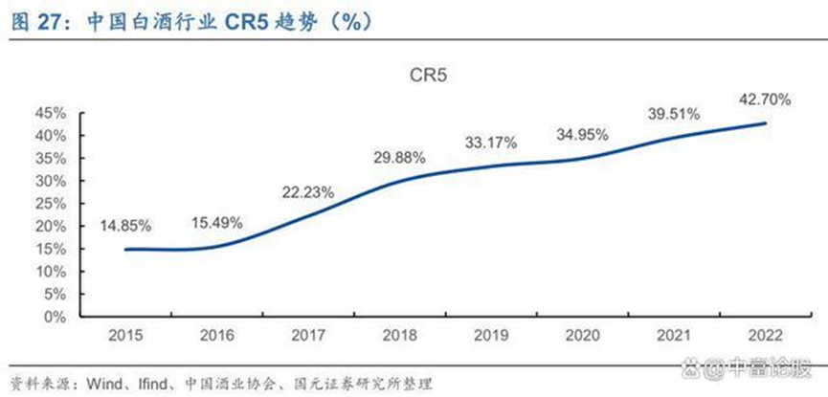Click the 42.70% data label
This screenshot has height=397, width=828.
(x=762, y=98)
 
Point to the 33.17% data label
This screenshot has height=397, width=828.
(x=490, y=143)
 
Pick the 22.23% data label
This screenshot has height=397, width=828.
(x=308, y=192)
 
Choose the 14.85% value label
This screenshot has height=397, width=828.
(x=125, y=226)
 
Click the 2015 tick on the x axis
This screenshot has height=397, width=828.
(x=125, y=337)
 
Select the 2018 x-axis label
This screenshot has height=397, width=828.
(x=399, y=337)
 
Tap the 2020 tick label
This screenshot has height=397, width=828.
(x=582, y=337)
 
